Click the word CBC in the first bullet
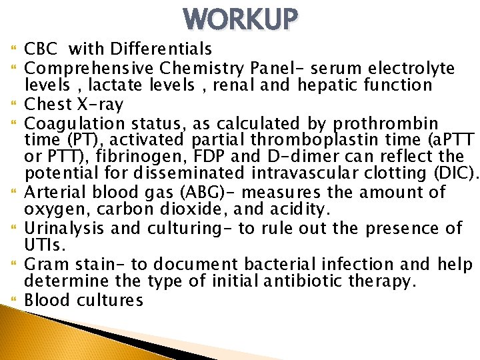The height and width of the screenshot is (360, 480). pyautogui.click(x=43, y=49)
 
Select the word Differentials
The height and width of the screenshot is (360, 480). pyautogui.click(x=161, y=49)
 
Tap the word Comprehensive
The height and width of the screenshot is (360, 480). pyautogui.click(x=91, y=67)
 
